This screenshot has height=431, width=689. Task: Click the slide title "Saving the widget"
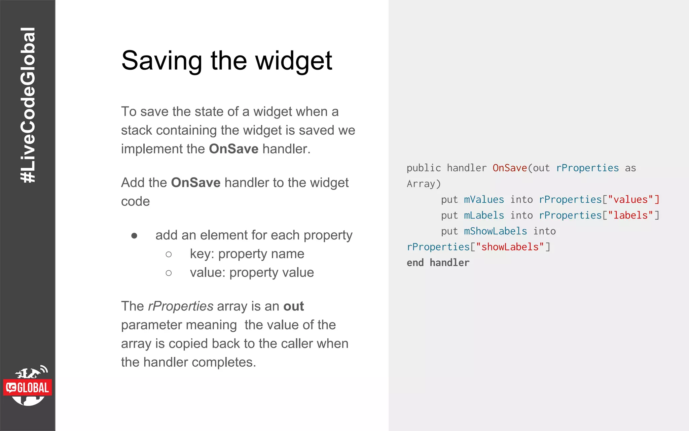[226, 61]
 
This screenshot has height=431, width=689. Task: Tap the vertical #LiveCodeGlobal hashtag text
[28, 105]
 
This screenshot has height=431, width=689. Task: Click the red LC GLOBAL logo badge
[28, 388]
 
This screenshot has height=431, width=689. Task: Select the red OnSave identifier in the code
[509, 168]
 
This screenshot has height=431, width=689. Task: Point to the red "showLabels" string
[510, 247]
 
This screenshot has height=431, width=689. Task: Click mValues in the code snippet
[484, 199]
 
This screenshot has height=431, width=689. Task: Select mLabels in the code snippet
[484, 215]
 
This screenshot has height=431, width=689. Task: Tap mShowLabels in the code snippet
[495, 231]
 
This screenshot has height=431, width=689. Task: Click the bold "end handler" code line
[438, 263]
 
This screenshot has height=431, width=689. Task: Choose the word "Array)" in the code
[424, 184]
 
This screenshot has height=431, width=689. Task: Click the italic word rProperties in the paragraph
[181, 306]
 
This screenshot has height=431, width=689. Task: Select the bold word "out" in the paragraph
[293, 306]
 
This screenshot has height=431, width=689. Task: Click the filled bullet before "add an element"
[134, 235]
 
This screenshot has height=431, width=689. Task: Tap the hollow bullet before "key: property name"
[169, 254]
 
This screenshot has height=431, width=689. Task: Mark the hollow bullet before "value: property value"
[169, 273]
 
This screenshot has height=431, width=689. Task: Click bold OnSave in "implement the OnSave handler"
[233, 149]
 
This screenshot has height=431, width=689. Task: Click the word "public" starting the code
[424, 168]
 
